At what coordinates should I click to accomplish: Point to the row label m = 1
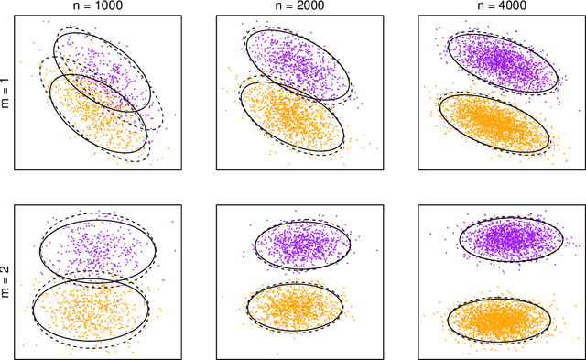pyautogui.click(x=7, y=93)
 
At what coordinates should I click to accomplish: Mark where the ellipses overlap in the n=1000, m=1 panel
pyautogui.click(x=97, y=86)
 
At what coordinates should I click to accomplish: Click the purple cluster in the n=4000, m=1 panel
pyautogui.click(x=502, y=63)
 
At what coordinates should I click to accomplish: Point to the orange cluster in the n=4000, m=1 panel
pyautogui.click(x=495, y=123)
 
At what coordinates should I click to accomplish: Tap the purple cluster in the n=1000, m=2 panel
pyautogui.click(x=98, y=248)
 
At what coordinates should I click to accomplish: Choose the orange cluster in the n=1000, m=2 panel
pyautogui.click(x=90, y=310)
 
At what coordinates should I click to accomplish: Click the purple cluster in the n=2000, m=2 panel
pyautogui.click(x=301, y=245)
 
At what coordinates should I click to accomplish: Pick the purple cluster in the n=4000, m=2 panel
pyautogui.click(x=508, y=241)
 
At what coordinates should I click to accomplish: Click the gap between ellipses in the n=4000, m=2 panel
pyautogui.click(x=503, y=280)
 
